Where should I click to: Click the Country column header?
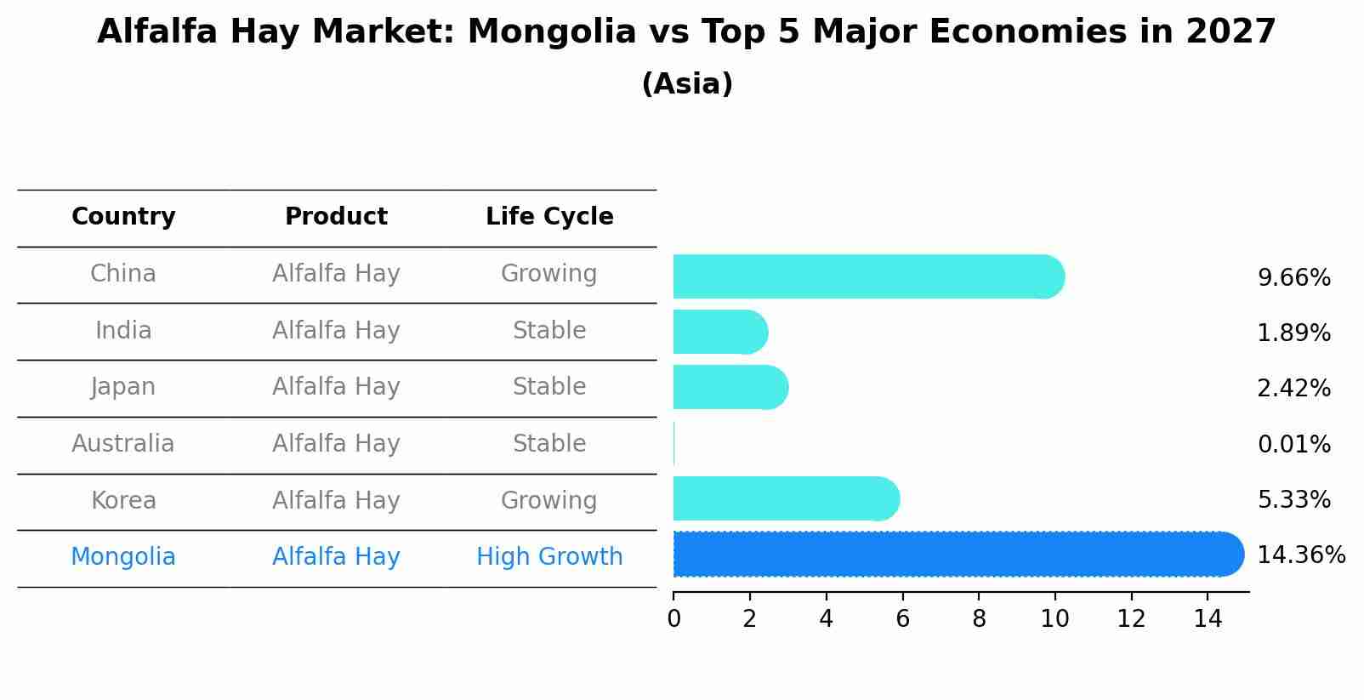[x=123, y=217]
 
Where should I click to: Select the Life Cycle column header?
[x=549, y=217]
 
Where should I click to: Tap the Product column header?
[x=336, y=217]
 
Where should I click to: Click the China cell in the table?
[x=123, y=274]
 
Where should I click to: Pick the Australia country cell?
[x=123, y=444]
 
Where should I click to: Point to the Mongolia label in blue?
[x=123, y=557]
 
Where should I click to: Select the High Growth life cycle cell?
[x=549, y=557]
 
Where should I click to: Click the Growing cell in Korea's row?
[x=549, y=500]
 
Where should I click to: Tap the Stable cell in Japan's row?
[x=549, y=387]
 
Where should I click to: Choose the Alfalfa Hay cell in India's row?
[x=336, y=330]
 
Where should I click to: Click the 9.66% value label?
[x=1293, y=278]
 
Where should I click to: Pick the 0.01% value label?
[x=1293, y=445]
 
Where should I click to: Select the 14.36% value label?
[x=1301, y=555]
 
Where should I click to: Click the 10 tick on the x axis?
[x=1054, y=619]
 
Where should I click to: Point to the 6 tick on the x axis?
[x=902, y=619]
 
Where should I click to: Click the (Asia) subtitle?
[x=687, y=84]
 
